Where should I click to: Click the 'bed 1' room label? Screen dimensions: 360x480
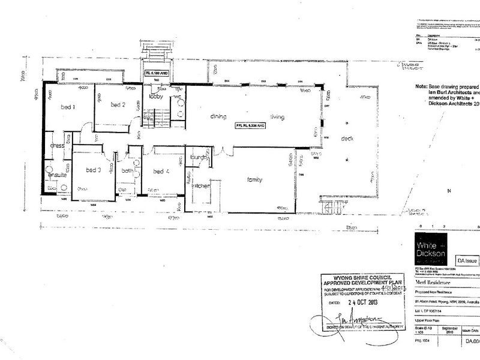(x=67, y=107)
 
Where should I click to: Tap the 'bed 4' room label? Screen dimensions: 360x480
(x=158, y=172)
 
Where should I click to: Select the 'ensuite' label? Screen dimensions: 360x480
(x=57, y=176)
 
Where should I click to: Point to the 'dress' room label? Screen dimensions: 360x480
(x=57, y=145)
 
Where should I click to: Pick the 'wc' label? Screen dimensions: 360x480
(x=178, y=97)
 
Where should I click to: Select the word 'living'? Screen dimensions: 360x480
(x=277, y=116)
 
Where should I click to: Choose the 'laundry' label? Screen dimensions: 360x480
(x=199, y=158)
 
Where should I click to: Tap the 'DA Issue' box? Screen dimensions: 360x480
(x=467, y=261)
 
